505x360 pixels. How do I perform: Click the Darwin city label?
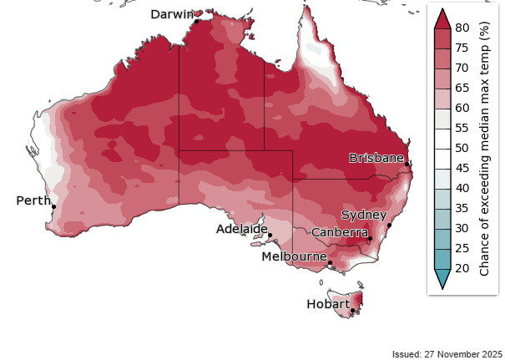171,14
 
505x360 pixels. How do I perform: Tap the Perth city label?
33,200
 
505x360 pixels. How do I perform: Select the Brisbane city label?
376,158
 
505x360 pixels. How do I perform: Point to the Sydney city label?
363,216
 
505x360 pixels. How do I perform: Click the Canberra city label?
341,231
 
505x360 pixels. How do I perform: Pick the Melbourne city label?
294,256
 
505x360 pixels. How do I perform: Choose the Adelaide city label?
241,228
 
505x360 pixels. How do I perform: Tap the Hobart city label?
328,305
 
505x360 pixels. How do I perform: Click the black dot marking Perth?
53,207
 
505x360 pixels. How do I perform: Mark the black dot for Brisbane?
407,165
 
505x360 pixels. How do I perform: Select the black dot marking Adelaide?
270,236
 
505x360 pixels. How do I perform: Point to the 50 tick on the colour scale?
462,148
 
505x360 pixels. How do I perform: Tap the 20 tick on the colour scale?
462,268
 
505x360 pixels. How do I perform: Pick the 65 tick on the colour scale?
462,88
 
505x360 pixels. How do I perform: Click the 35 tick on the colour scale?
462,208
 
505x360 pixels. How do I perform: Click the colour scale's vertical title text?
485,149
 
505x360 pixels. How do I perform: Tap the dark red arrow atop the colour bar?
442,18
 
